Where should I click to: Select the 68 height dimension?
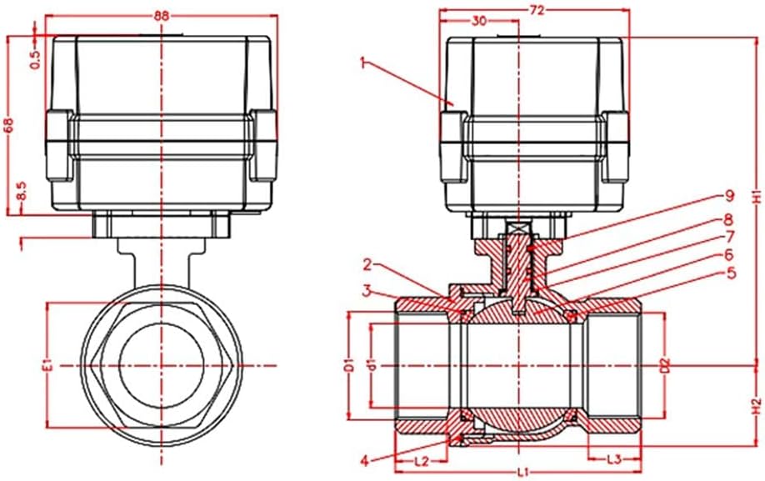(x=10, y=124)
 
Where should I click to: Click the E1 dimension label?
(x=47, y=365)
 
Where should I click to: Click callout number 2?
(x=366, y=266)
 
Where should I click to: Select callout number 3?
(x=366, y=290)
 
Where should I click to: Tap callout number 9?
(x=728, y=196)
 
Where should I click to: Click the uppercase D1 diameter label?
(x=351, y=365)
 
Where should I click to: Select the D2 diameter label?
(x=665, y=365)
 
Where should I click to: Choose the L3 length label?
(x=613, y=458)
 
